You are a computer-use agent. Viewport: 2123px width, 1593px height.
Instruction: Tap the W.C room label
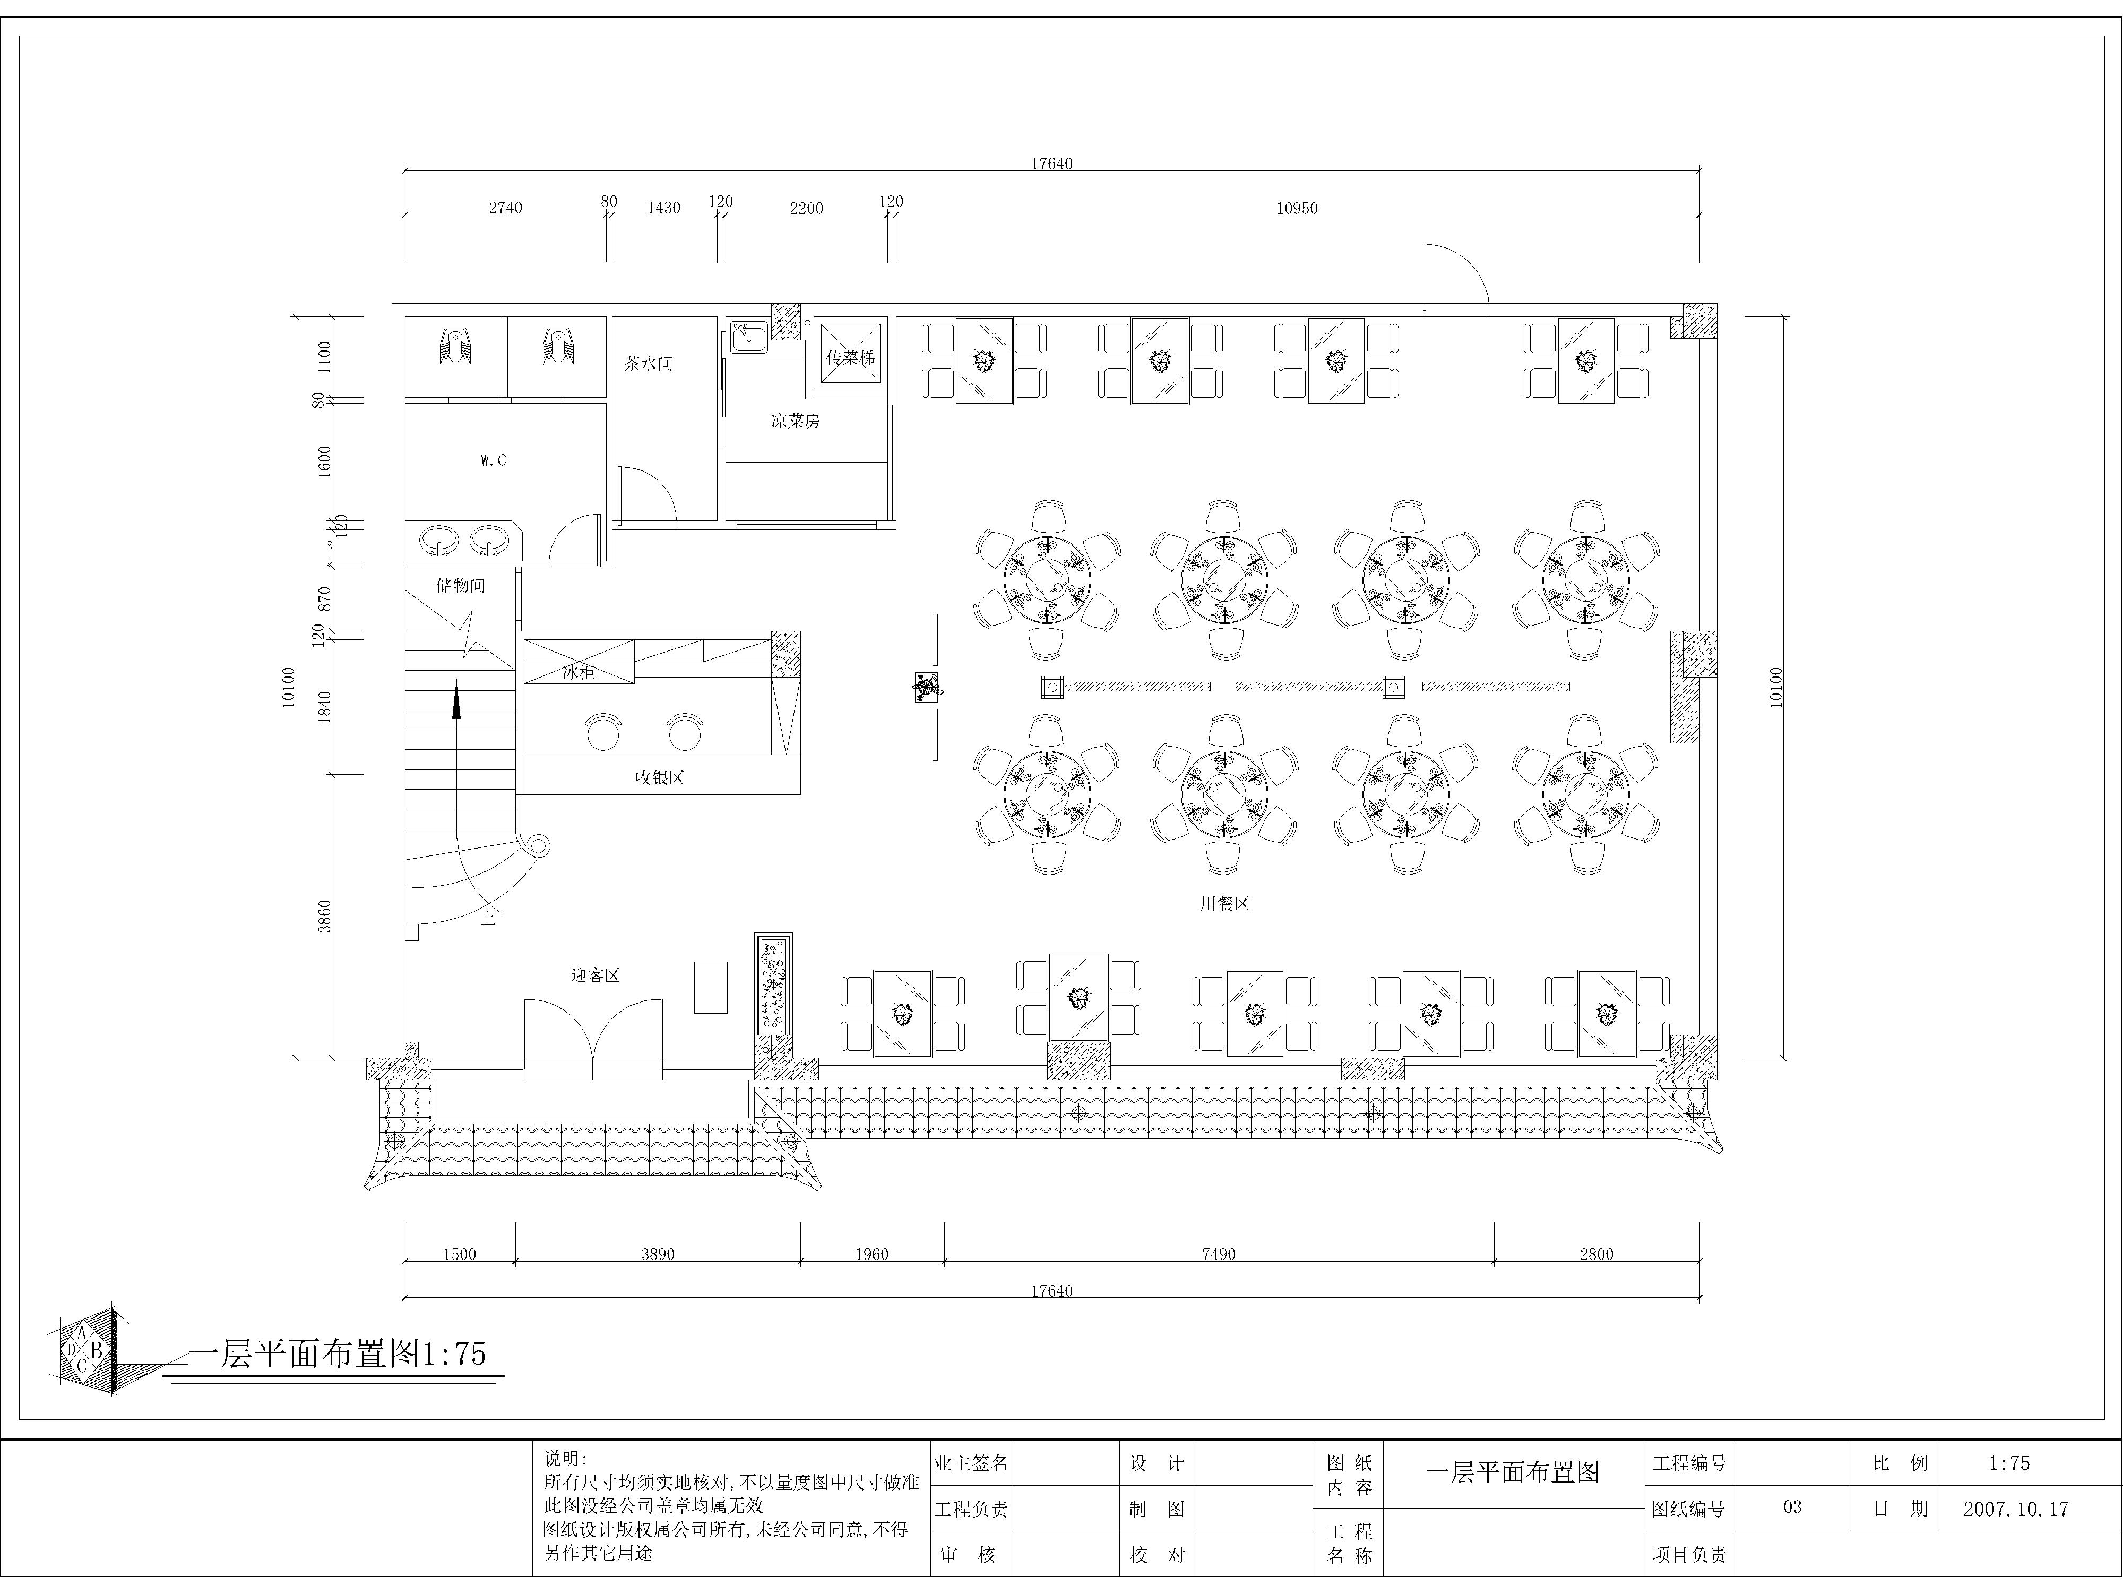point(493,460)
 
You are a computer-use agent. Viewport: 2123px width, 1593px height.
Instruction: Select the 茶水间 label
point(649,364)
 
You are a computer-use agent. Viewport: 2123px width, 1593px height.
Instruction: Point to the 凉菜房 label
point(796,421)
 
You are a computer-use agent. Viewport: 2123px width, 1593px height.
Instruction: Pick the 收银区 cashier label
point(659,778)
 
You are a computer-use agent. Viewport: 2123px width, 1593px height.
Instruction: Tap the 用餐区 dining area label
point(1224,904)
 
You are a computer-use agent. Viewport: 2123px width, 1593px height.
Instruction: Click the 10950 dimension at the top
point(1297,208)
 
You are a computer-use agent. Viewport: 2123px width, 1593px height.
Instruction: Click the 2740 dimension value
point(506,208)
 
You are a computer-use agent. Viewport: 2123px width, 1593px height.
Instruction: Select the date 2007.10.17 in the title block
point(2015,1509)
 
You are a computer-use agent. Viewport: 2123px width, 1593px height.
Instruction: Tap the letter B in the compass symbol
point(96,1351)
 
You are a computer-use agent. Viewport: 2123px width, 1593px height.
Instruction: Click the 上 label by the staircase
point(488,919)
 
